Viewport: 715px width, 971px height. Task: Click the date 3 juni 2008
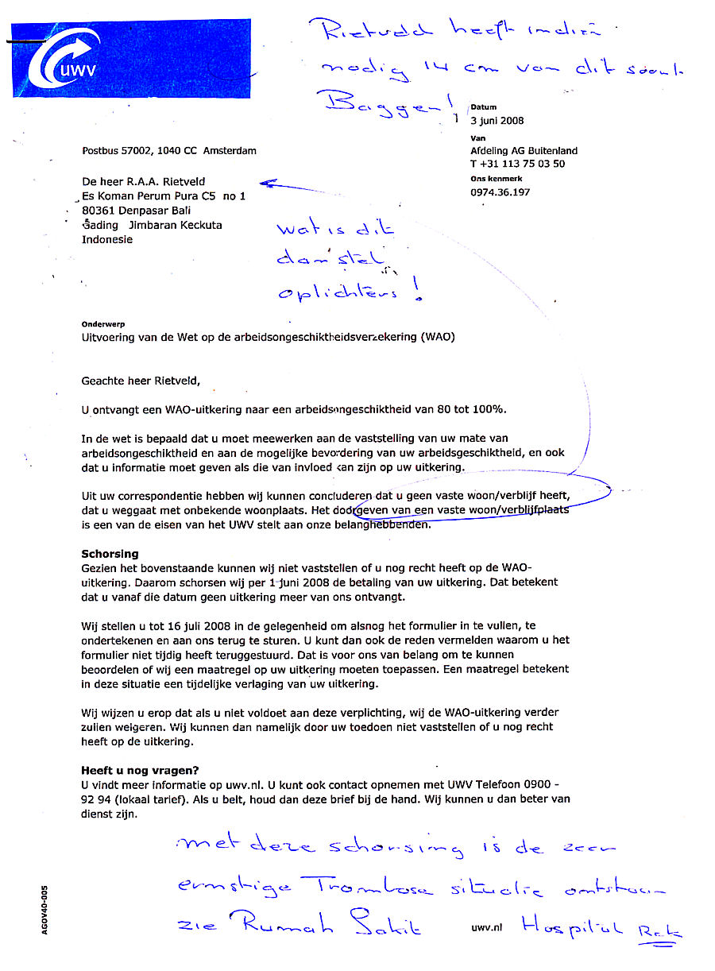[497, 121]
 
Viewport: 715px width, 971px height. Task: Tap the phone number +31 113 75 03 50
[523, 164]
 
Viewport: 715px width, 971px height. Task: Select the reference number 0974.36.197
[500, 192]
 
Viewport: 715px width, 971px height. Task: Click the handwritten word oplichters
[338, 292]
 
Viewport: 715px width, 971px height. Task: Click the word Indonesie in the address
[107, 239]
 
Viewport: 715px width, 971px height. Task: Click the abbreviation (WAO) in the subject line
[439, 337]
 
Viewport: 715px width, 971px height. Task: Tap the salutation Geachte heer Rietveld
[141, 381]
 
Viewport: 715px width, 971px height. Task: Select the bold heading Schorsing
[110, 553]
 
